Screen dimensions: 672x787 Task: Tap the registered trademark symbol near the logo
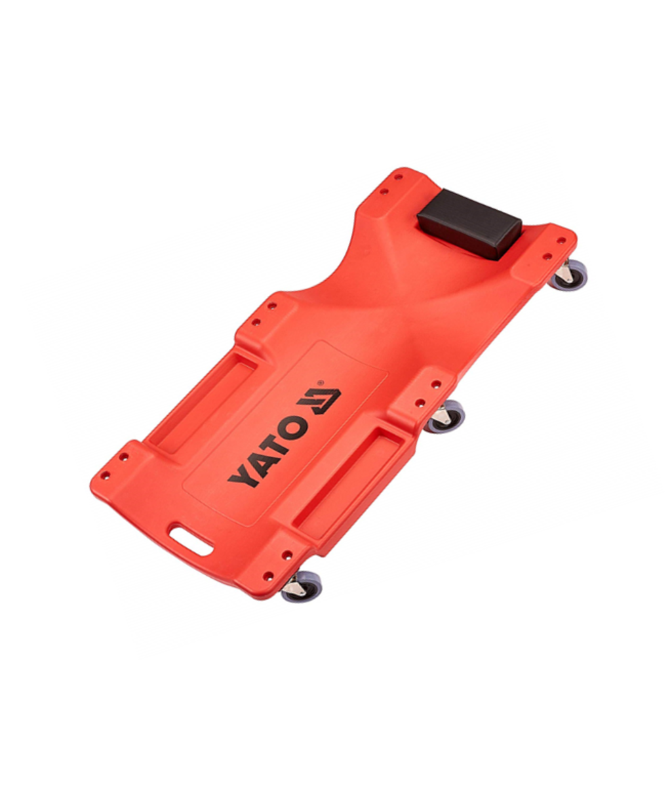(320, 381)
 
